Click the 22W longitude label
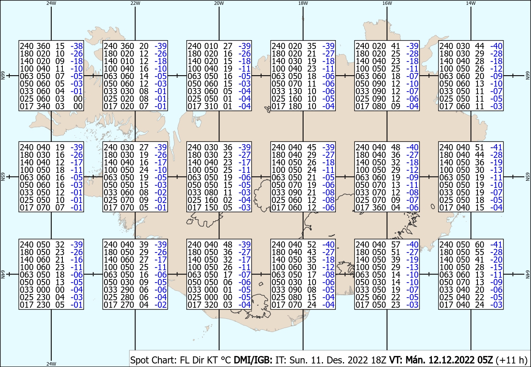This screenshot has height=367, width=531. coord(135,3)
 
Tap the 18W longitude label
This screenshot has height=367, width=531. coord(303,3)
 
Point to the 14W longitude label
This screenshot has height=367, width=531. coord(471,3)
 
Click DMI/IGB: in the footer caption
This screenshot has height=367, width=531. coord(253,360)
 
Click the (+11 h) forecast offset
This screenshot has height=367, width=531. coord(512,360)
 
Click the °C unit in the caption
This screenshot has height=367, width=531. coord(226,360)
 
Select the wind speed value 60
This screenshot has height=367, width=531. coord(479,245)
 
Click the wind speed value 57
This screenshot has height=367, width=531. coord(396,245)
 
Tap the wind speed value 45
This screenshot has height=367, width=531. coord(312,147)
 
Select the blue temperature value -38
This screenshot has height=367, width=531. coord(77,46)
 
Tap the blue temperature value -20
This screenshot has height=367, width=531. coord(496,260)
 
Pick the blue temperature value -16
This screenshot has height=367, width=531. coord(77,260)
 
